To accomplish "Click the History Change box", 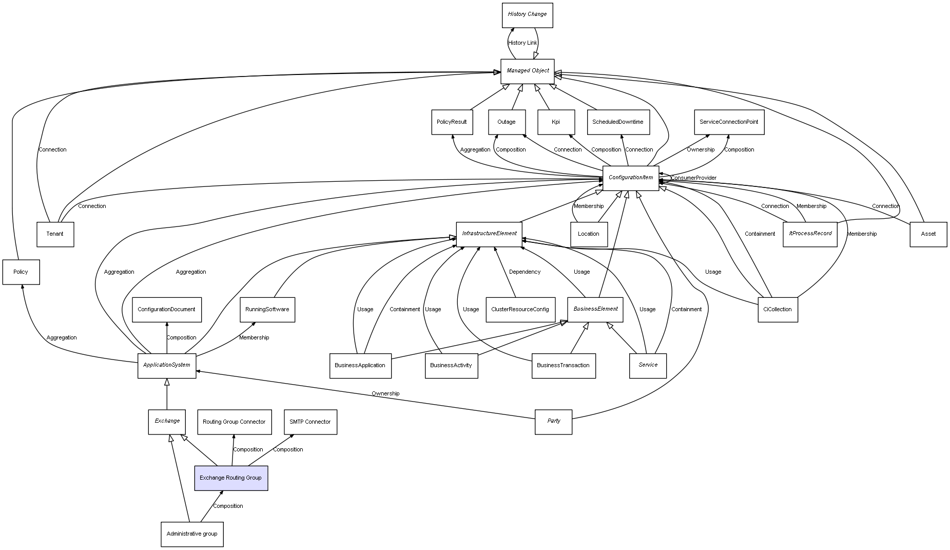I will (527, 15).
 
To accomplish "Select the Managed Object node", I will (527, 71).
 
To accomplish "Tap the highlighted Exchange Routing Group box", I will (231, 478).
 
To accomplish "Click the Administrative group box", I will (192, 534).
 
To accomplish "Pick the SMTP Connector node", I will (310, 422).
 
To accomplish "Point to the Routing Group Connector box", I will (234, 422).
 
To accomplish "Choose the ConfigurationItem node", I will (630, 178).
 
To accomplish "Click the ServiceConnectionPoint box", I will (729, 122).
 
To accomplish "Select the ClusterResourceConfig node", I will (520, 310).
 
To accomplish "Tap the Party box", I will (553, 422).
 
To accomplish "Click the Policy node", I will (21, 272).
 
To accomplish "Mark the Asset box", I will (928, 234).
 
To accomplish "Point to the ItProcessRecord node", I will (810, 234).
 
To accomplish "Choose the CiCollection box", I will (778, 310).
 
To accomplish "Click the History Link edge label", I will (522, 43).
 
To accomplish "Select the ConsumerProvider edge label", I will (693, 178).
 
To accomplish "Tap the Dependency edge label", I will (525, 272).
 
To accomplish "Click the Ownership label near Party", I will (385, 394).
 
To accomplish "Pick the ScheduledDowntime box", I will (618, 122).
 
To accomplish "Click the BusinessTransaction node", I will (563, 366).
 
